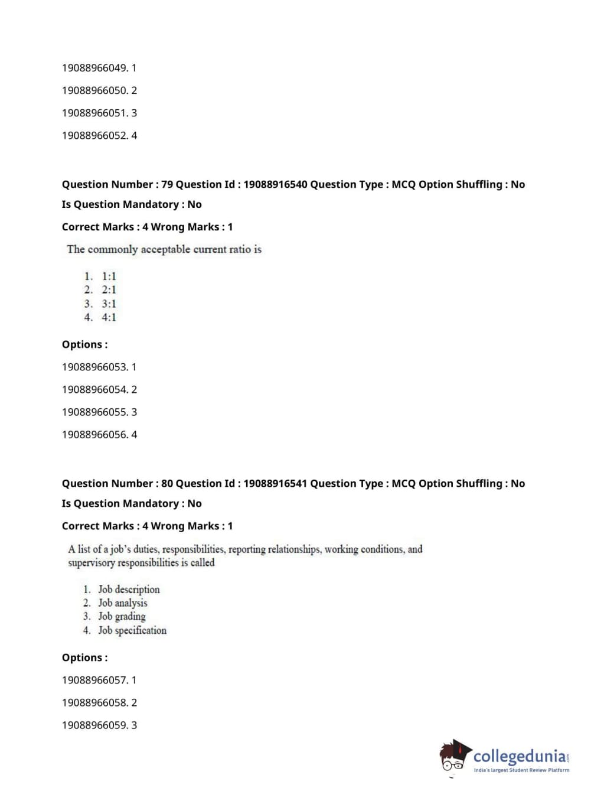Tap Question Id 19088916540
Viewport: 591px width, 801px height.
[275, 184]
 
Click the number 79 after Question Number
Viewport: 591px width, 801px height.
[167, 184]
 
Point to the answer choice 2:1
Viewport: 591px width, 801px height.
[109, 289]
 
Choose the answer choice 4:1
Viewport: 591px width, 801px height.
[109, 317]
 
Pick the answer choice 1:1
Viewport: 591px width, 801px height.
[109, 276]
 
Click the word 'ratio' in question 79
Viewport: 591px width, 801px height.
[240, 249]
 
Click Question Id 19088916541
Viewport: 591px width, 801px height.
[275, 483]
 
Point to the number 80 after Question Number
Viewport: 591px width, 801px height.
[167, 483]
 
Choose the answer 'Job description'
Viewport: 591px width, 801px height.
[129, 589]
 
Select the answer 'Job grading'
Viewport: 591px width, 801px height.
[122, 616]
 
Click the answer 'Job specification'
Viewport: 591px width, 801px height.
[132, 630]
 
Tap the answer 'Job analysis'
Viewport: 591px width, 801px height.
[123, 603]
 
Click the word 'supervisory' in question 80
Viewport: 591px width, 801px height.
[92, 563]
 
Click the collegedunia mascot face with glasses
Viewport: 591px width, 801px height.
[453, 759]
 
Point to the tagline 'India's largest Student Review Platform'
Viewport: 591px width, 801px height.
[521, 770]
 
